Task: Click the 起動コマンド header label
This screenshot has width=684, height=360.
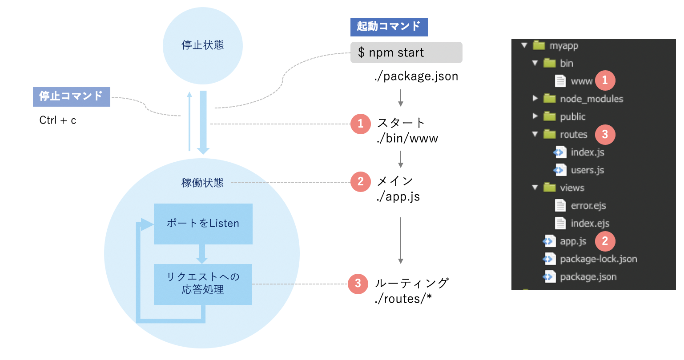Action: coord(389,27)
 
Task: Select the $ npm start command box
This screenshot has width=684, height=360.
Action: coord(406,52)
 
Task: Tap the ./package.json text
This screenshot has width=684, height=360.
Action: coord(416,76)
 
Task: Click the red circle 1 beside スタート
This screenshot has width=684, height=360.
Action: coord(360,124)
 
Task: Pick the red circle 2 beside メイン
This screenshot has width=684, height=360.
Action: coord(360,181)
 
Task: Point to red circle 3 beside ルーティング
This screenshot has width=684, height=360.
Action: coord(358,284)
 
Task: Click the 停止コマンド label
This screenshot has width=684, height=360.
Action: coord(71,96)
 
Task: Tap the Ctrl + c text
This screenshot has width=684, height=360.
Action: coord(58,120)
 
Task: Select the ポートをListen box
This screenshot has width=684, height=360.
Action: coord(203,224)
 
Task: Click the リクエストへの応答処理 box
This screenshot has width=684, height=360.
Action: coord(203,284)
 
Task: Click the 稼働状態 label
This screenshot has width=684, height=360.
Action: coord(202,183)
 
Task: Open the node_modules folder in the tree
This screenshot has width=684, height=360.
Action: coord(591,99)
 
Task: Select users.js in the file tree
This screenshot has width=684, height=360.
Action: coord(587,170)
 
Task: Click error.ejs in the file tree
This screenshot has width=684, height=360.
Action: coord(588,206)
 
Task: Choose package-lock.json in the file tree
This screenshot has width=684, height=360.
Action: coord(598,259)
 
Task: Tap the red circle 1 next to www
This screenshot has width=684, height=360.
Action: coord(605,80)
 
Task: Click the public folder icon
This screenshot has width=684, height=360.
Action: coord(550,116)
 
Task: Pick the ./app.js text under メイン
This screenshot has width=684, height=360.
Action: coord(398,197)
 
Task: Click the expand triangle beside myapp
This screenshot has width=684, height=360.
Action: coord(524,45)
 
